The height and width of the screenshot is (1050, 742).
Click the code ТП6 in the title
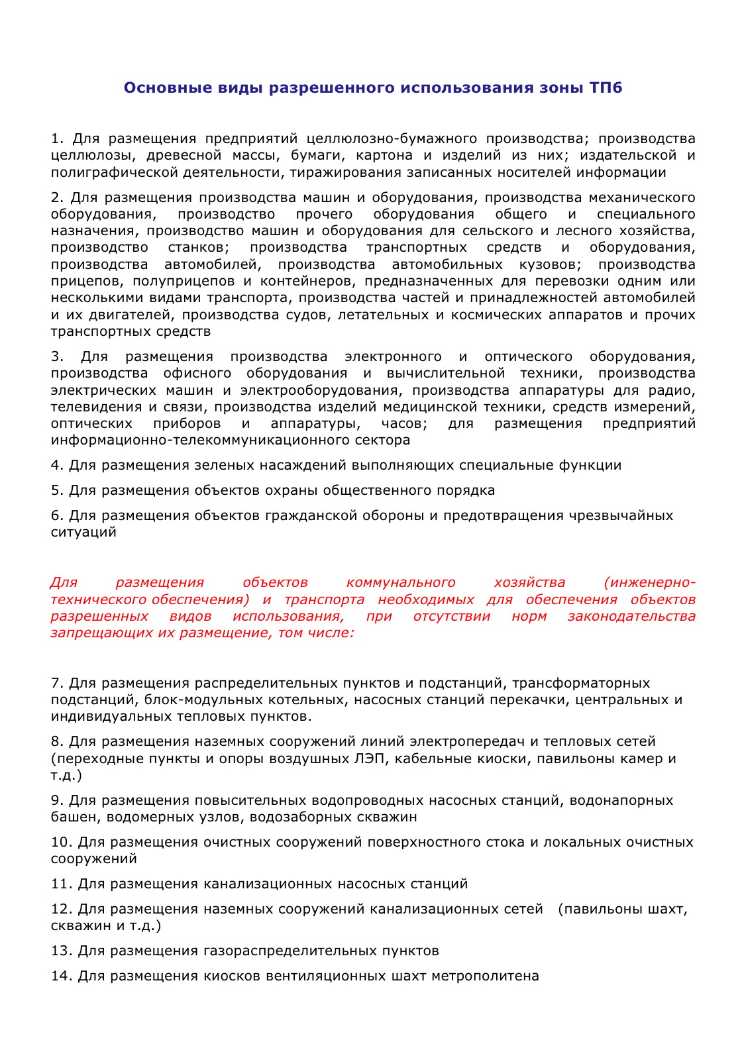click(x=606, y=88)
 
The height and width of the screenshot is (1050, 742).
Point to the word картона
click(x=384, y=156)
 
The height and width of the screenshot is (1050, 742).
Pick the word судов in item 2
click(x=306, y=315)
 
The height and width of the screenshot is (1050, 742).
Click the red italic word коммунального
click(x=401, y=583)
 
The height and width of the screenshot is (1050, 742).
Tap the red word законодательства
click(x=631, y=616)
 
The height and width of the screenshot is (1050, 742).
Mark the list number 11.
click(x=60, y=884)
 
